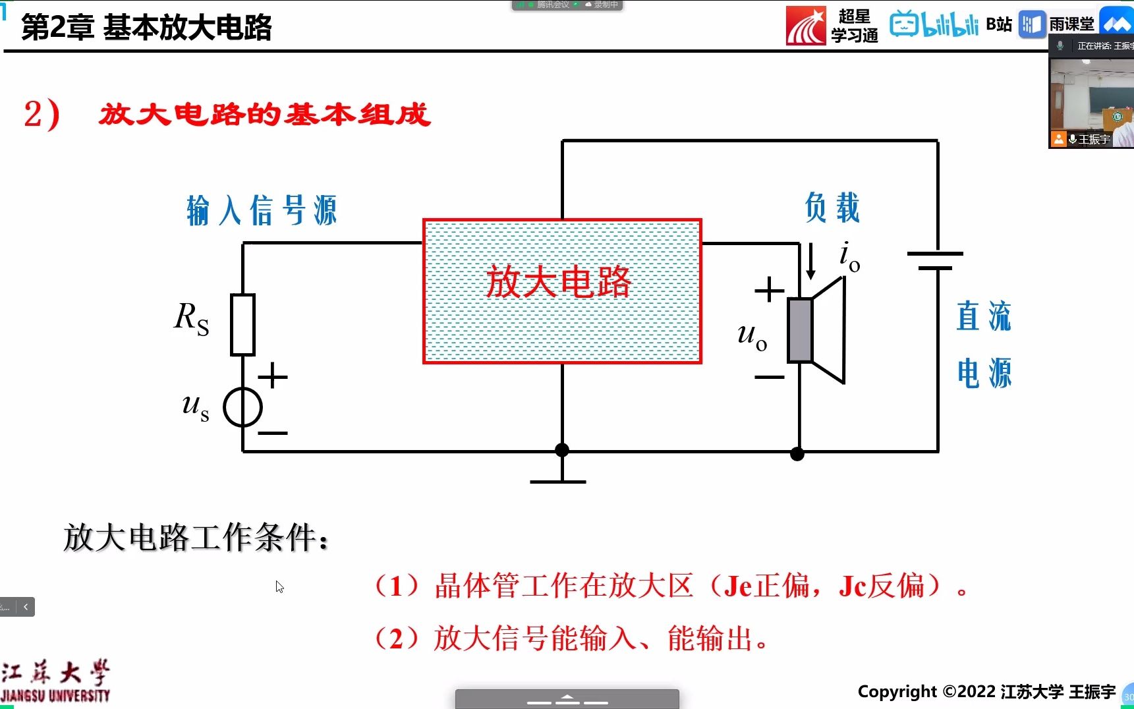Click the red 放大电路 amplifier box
point(561,291)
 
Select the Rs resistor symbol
point(242,325)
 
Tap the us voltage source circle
point(242,407)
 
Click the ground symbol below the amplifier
point(558,480)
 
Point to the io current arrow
point(810,261)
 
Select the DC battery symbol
point(935,261)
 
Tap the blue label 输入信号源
point(262,211)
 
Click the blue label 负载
point(832,208)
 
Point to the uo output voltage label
point(752,335)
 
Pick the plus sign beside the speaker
point(769,290)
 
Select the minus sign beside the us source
point(273,433)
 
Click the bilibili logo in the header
point(934,24)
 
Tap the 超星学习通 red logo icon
point(805,26)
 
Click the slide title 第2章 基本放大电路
point(146,27)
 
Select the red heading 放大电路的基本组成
point(265,115)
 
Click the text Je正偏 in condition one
point(766,586)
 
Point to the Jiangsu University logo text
point(55,681)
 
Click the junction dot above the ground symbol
point(561,450)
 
